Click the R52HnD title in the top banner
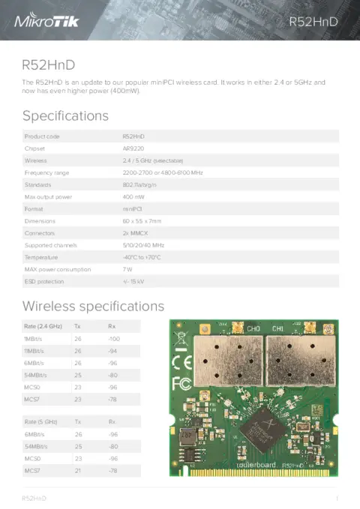313,22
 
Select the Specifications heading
65,115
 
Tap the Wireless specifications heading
93,306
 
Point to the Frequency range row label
49,172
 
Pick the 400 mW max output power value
133,196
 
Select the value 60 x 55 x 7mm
141,221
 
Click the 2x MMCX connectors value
135,233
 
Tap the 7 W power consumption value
127,269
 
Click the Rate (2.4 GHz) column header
43,326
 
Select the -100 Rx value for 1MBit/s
114,339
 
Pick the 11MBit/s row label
35,351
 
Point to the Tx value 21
77,470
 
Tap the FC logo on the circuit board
181,384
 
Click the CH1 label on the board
277,328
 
